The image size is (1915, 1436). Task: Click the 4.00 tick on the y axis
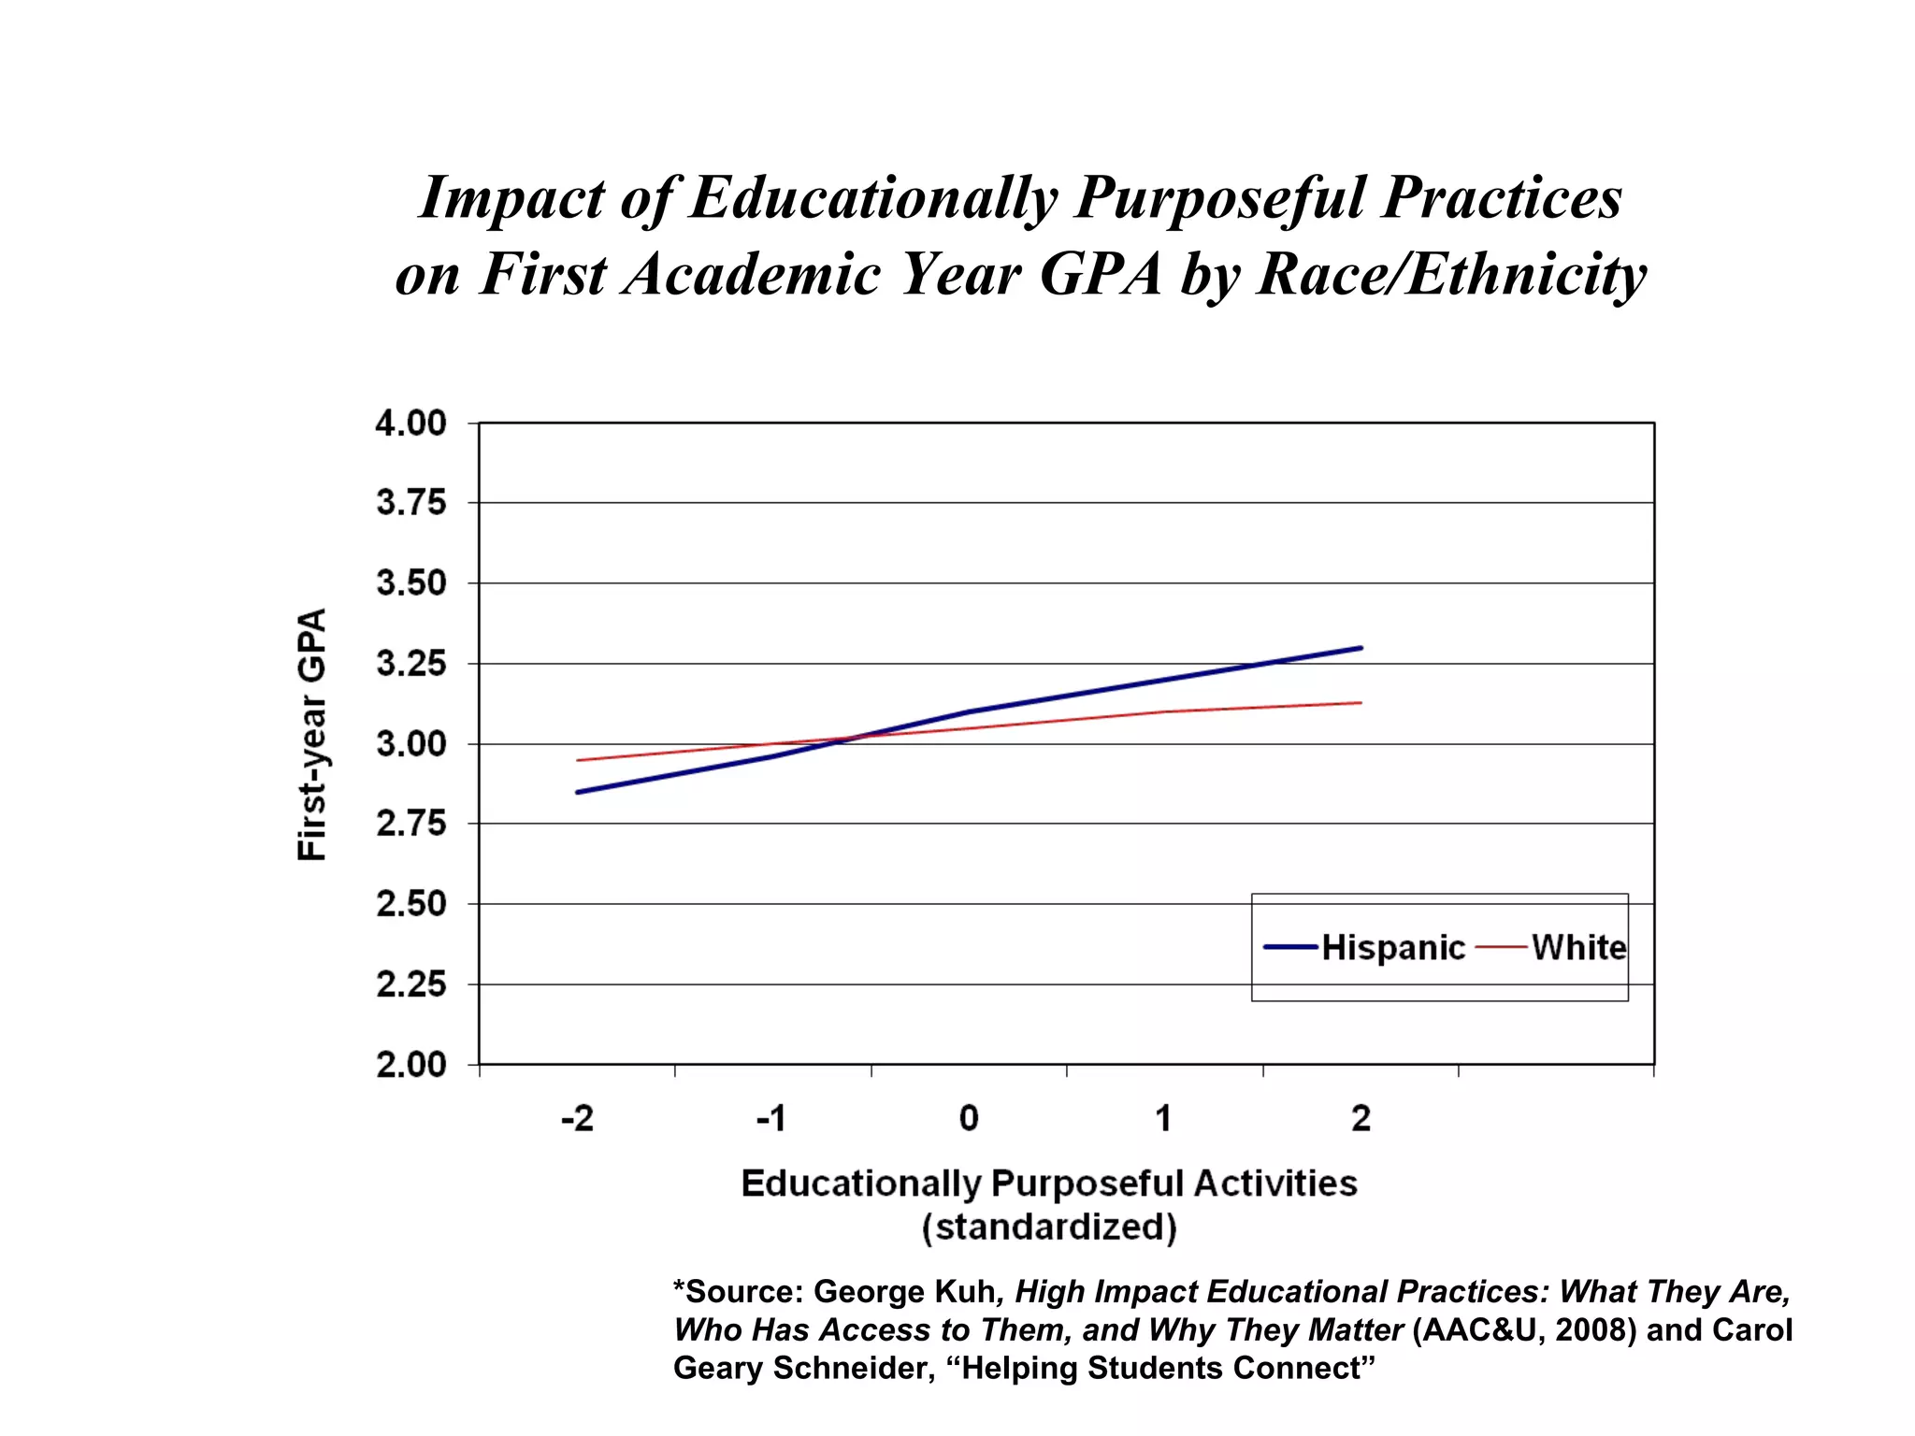pyautogui.click(x=411, y=424)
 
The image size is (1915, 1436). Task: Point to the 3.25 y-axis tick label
pyautogui.click(x=411, y=665)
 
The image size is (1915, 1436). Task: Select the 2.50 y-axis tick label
pyautogui.click(x=411, y=905)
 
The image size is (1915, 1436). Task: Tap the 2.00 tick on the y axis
pyautogui.click(x=411, y=1065)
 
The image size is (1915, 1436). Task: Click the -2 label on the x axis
pyautogui.click(x=577, y=1118)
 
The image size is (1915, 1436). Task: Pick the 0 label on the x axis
pyautogui.click(x=969, y=1118)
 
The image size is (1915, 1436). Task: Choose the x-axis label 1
pyautogui.click(x=1163, y=1118)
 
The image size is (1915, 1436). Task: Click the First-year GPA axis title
pyautogui.click(x=312, y=735)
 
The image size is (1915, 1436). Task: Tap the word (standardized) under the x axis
pyautogui.click(x=1049, y=1228)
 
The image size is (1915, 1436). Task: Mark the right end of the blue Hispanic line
pyautogui.click(x=1361, y=648)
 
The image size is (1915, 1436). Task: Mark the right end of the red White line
pyautogui.click(x=1361, y=702)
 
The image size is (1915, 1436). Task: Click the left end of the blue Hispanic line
pyautogui.click(x=578, y=792)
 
